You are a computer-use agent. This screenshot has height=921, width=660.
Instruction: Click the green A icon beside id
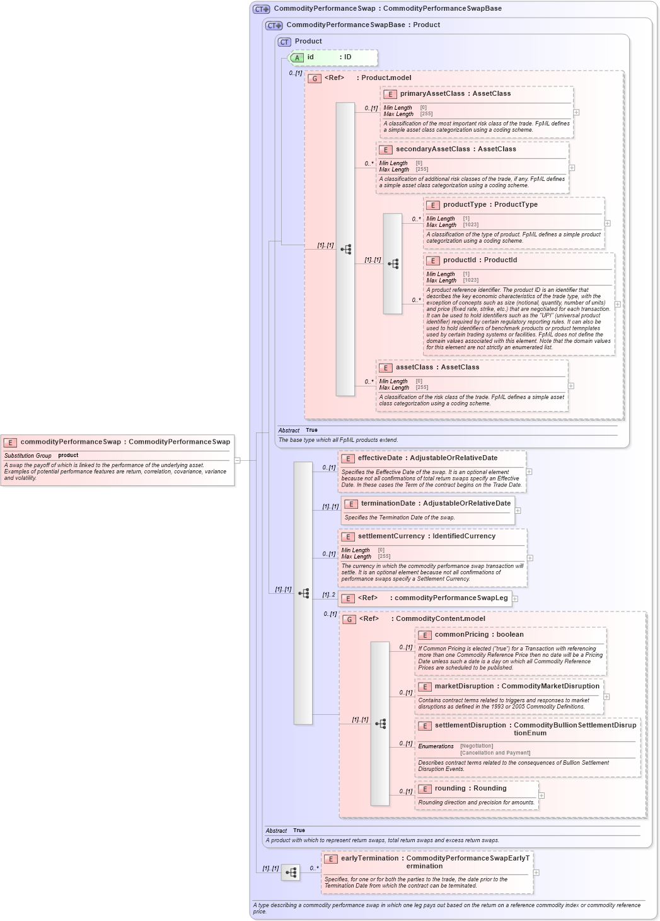pyautogui.click(x=298, y=58)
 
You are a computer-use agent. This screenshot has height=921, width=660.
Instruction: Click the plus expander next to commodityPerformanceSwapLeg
pyautogui.click(x=515, y=599)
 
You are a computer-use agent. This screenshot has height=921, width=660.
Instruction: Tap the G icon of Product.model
pyautogui.click(x=315, y=79)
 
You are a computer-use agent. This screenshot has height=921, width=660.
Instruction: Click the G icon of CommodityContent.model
pyautogui.click(x=349, y=620)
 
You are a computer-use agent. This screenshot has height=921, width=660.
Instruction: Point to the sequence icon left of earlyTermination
pyautogui.click(x=291, y=873)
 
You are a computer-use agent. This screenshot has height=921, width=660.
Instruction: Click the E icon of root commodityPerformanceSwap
pyautogui.click(x=10, y=443)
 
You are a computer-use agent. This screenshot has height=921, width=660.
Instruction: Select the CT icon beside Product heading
pyautogui.click(x=284, y=42)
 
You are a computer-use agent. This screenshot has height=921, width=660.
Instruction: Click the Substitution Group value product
pyautogui.click(x=68, y=455)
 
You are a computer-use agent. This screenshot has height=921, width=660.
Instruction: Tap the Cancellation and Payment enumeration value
pyautogui.click(x=495, y=753)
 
